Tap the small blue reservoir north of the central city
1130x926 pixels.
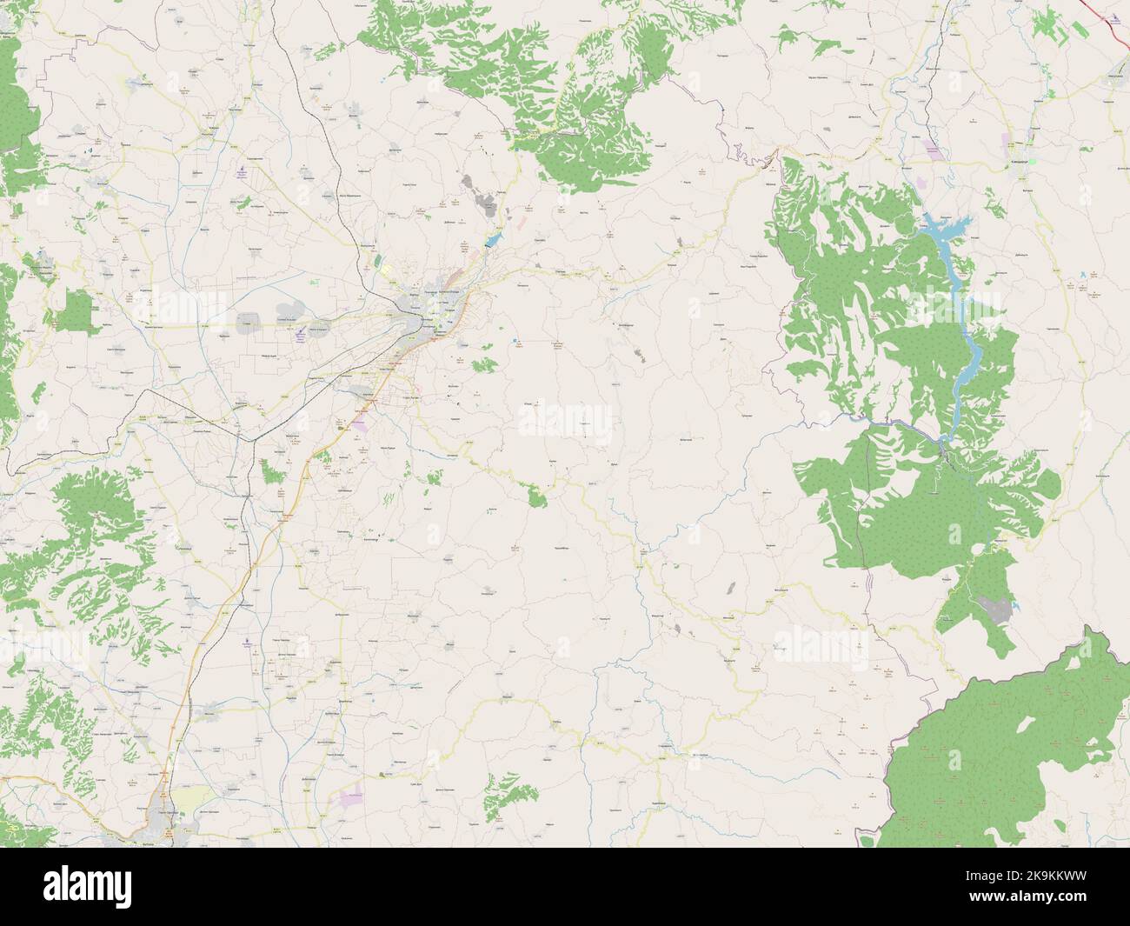point(493,236)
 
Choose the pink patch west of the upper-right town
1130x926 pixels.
point(932,150)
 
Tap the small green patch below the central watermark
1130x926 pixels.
point(535,496)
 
